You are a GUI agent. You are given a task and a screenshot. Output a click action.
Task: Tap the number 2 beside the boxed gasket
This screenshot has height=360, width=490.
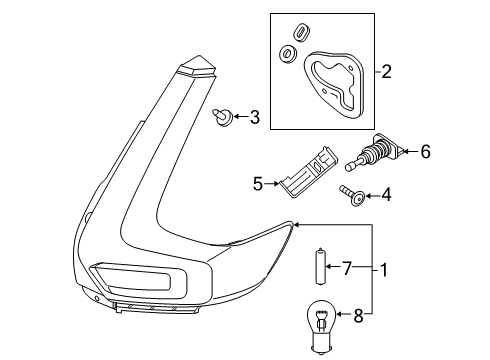pos(386,72)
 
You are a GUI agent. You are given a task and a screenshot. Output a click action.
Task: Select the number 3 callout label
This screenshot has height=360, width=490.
pos(254,119)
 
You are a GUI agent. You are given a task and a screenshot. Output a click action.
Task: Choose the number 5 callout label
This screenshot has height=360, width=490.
pos(257,184)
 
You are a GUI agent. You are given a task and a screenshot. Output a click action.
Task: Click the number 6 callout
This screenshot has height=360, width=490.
pos(425,152)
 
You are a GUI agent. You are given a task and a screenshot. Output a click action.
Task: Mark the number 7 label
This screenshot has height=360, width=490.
pos(347,268)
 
